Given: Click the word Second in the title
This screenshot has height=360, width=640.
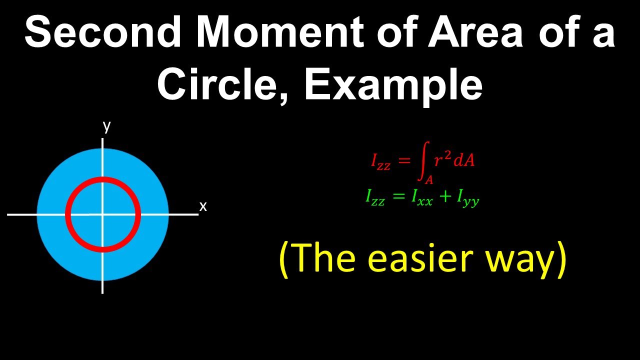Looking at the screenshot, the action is pyautogui.click(x=103, y=31).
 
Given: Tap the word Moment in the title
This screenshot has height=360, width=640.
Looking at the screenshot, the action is pyautogui.click(x=280, y=31).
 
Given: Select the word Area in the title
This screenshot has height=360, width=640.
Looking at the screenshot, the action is pyautogui.click(x=475, y=31).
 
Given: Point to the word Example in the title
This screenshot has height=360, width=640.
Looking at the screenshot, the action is pyautogui.click(x=393, y=85).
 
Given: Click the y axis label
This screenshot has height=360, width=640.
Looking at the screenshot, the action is pyautogui.click(x=106, y=127).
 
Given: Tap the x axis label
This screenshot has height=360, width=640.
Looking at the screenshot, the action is pyautogui.click(x=203, y=206).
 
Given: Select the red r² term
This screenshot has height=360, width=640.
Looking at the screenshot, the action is pyautogui.click(x=443, y=159).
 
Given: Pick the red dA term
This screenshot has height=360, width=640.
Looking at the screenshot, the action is pyautogui.click(x=464, y=160).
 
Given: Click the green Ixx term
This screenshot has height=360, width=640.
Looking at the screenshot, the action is pyautogui.click(x=421, y=197).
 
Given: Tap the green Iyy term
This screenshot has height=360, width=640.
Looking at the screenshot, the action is pyautogui.click(x=467, y=199).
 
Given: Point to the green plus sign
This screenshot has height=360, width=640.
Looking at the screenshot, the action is pyautogui.click(x=444, y=196).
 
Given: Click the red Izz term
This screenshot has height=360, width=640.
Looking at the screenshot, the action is pyautogui.click(x=380, y=161).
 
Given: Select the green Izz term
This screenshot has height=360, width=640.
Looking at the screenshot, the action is pyautogui.click(x=375, y=197).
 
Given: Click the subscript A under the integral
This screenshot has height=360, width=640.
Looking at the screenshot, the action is pyautogui.click(x=429, y=180).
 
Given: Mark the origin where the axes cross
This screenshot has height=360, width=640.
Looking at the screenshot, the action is pyautogui.click(x=102, y=214).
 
